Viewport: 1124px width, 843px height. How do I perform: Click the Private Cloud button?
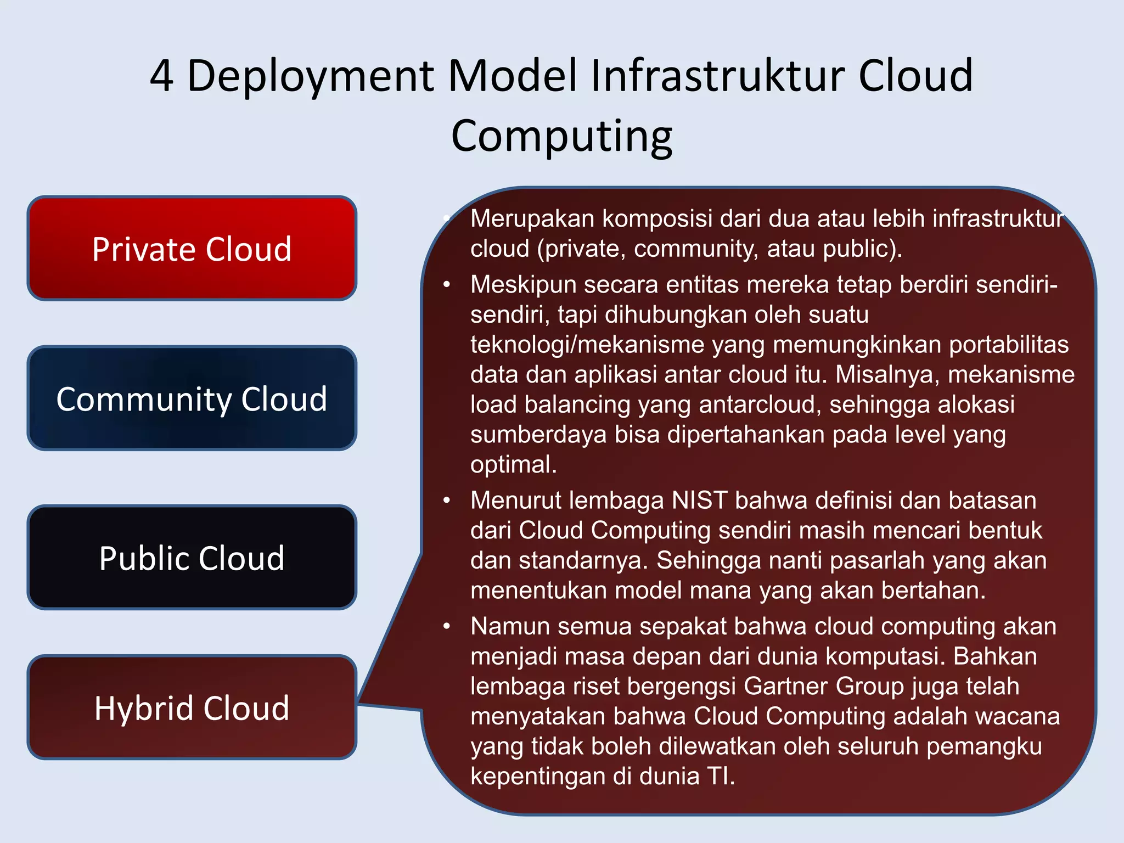192,249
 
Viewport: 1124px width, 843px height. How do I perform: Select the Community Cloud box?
192,398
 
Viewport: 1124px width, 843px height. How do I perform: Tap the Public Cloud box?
192,558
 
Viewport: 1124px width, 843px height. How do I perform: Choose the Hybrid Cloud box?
192,707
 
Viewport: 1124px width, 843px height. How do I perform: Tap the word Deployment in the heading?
311,77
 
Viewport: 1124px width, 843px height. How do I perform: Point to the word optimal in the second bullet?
513,465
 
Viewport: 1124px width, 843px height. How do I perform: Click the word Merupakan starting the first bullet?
532,219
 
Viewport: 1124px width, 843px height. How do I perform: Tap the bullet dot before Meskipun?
447,284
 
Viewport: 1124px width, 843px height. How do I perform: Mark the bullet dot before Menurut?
447,500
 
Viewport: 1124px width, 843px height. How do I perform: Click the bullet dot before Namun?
447,626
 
